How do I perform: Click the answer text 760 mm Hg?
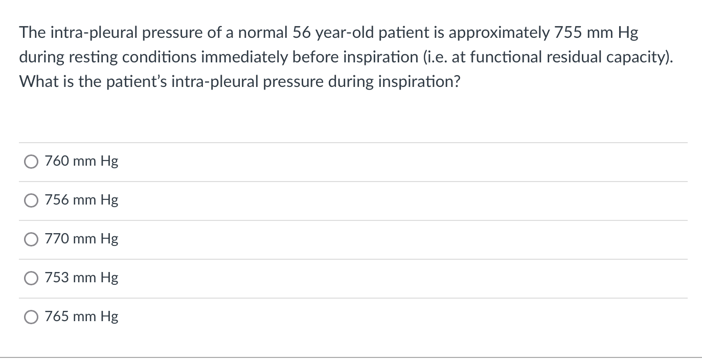tap(81, 162)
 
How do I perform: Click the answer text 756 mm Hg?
tap(81, 200)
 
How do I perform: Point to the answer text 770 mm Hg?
tap(81, 239)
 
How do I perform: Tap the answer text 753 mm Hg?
tap(81, 278)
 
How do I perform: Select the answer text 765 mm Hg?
tap(81, 317)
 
